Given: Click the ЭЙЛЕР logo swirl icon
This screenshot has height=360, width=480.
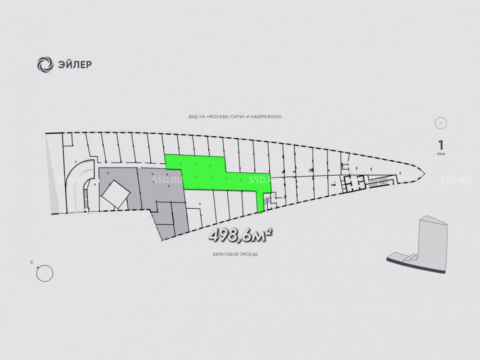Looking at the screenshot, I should click(x=45, y=64).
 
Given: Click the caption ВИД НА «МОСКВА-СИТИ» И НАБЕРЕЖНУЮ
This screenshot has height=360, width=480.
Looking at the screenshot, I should click(x=235, y=117).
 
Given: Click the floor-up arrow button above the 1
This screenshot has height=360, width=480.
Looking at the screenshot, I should click(x=441, y=123).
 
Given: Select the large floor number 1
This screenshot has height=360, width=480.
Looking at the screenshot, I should click(x=441, y=145).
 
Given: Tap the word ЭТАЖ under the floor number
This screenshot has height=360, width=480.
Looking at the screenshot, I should click(x=441, y=155).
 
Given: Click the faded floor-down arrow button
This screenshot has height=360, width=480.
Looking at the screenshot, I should click(x=441, y=170).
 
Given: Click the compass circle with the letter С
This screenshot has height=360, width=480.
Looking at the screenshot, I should click(x=45, y=273).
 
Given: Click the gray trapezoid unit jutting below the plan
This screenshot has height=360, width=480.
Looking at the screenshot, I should click(x=171, y=221).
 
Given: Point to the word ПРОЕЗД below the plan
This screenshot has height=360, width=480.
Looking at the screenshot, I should click(x=247, y=254).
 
